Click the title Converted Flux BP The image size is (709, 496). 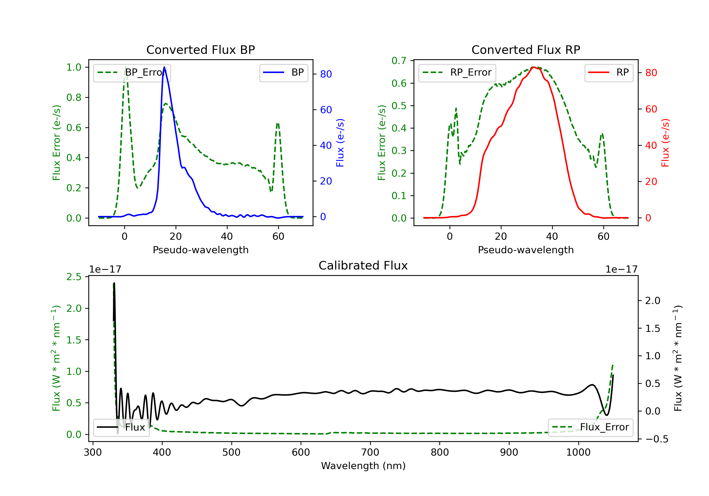200,50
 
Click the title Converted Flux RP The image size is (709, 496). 526,50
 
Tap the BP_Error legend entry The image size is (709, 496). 132,73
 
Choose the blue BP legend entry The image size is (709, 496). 283,73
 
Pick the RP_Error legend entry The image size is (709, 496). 457,73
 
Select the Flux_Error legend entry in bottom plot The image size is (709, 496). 590,427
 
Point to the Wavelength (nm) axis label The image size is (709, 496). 363,466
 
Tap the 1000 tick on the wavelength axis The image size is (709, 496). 578,453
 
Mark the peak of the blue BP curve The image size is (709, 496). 164,67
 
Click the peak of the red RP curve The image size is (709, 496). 533,67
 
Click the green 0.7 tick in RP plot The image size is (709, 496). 399,61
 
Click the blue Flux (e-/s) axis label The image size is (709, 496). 340,143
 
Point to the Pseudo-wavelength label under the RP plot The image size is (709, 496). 526,250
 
